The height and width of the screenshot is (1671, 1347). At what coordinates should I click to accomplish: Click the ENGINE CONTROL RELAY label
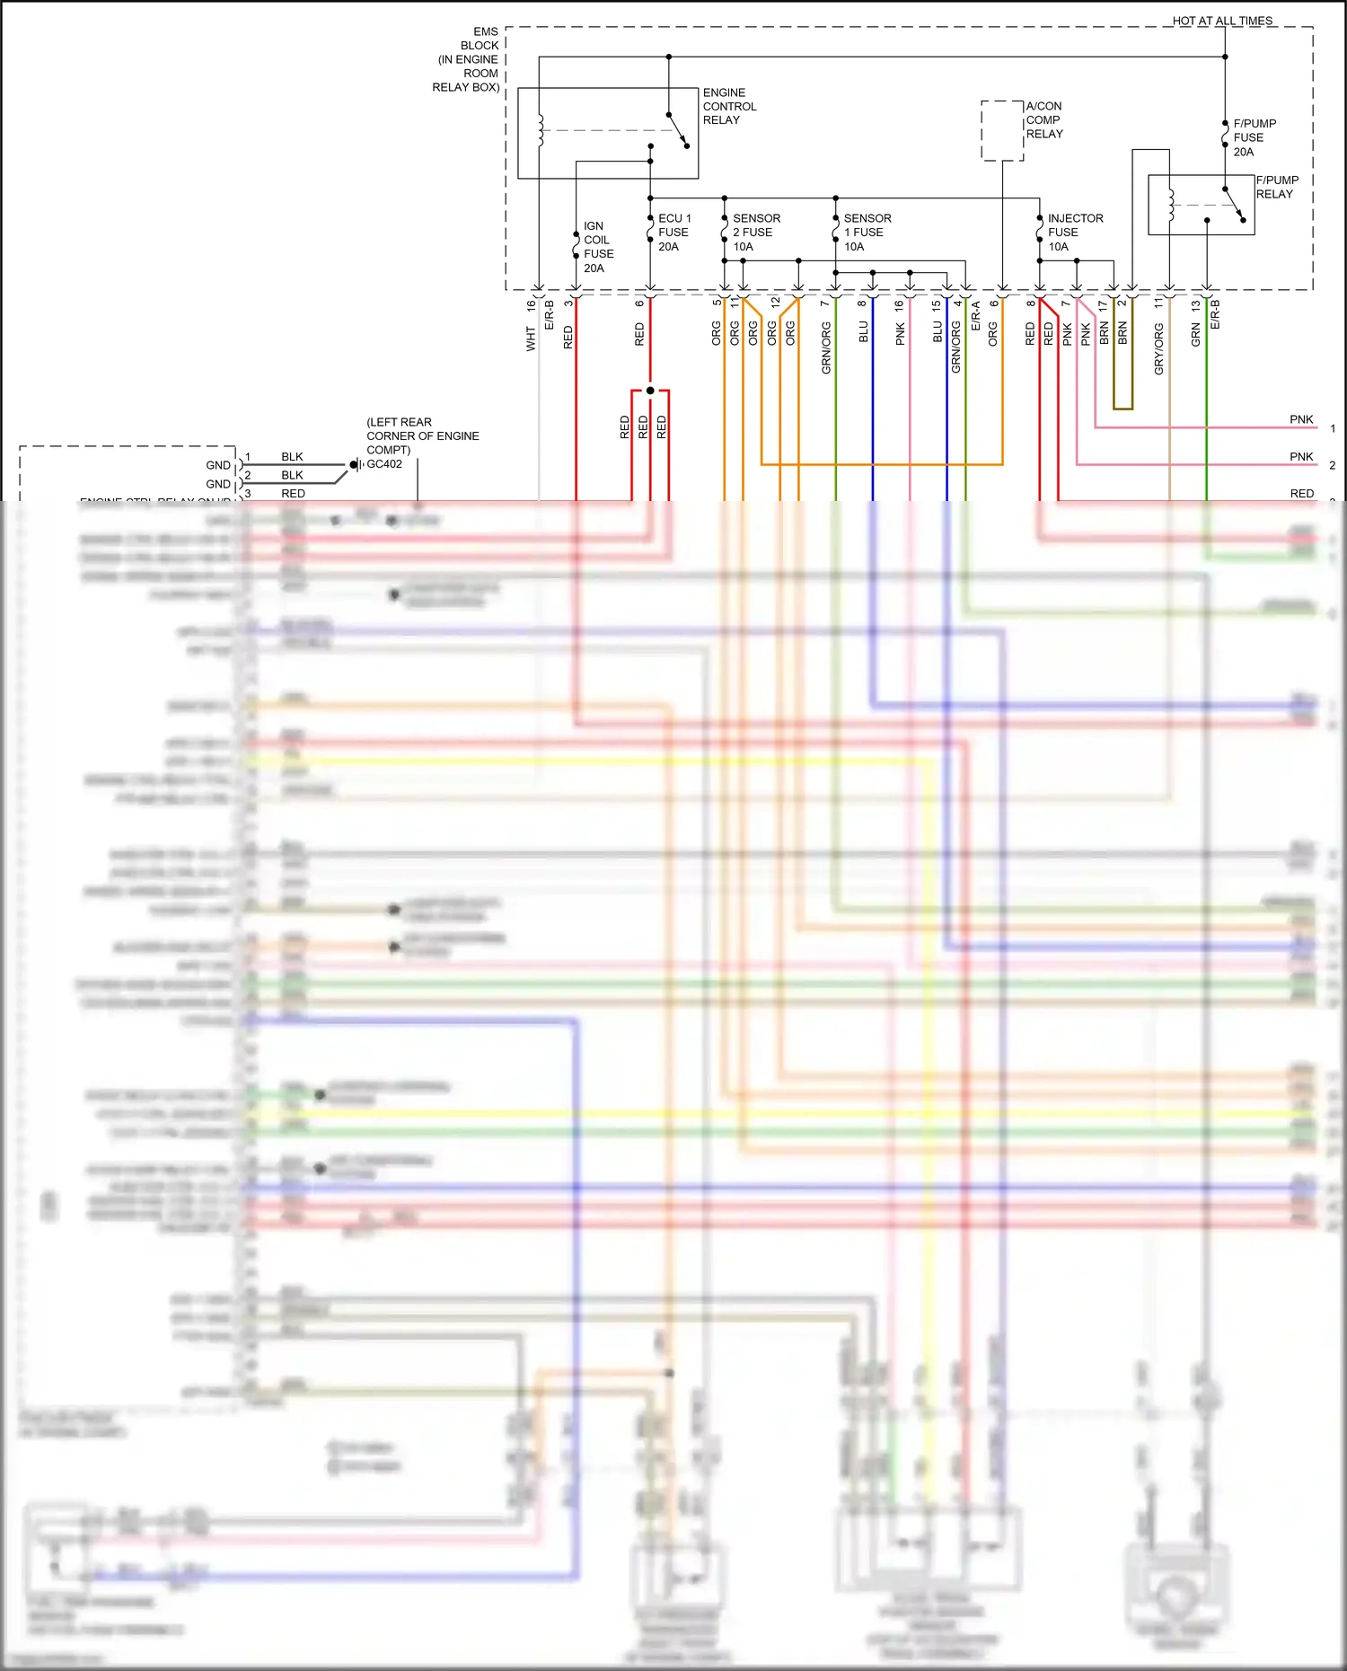click(x=728, y=106)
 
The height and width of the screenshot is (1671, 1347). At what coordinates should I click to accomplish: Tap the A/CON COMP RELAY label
click(x=1043, y=119)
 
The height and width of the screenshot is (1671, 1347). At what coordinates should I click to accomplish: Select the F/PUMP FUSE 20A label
click(x=1254, y=137)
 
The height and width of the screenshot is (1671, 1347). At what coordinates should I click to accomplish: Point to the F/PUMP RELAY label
click(x=1276, y=187)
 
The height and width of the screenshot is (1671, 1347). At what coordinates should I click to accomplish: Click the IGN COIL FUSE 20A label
click(x=597, y=247)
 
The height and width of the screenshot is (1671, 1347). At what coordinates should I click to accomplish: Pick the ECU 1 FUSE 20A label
click(x=673, y=232)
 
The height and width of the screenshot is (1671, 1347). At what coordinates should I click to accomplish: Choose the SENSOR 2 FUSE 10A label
click(x=755, y=232)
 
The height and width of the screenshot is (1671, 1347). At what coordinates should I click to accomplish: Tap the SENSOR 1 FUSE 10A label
click(x=867, y=232)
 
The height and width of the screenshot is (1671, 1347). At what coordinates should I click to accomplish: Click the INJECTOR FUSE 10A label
click(x=1074, y=232)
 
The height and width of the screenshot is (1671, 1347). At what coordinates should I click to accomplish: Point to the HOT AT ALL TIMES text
click(x=1221, y=21)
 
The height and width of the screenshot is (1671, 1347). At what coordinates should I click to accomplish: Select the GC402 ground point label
click(x=384, y=464)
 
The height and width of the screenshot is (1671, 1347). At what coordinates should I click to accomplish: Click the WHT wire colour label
click(x=531, y=339)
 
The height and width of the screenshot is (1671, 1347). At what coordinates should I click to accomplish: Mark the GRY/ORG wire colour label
click(x=1158, y=348)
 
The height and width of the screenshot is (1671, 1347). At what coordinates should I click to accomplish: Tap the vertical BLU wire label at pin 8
click(x=863, y=332)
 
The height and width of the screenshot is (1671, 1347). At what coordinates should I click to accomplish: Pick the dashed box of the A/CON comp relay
click(x=1002, y=131)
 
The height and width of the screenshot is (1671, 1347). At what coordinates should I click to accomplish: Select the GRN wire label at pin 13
click(x=1195, y=335)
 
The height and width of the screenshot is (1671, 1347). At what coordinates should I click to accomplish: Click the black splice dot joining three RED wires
click(x=650, y=391)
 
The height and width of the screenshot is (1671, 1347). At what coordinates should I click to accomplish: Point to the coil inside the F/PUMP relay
click(x=1170, y=205)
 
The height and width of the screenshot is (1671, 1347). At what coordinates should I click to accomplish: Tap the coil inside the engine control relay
click(x=540, y=130)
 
